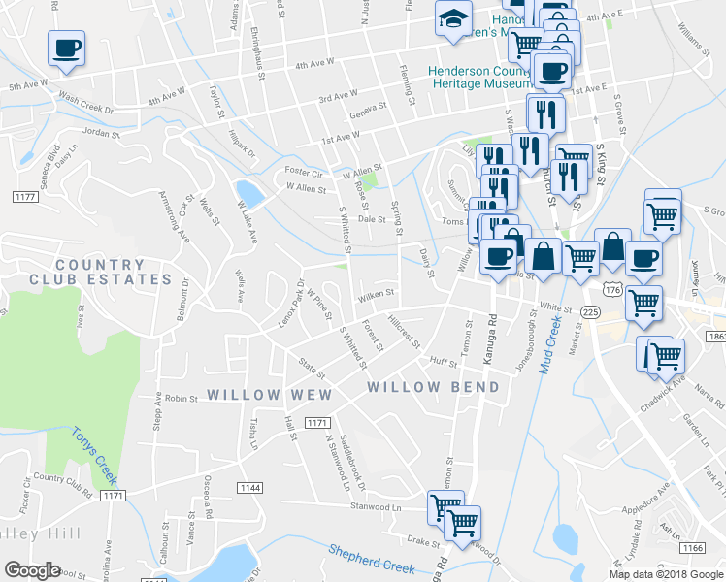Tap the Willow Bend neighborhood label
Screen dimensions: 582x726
(433, 387)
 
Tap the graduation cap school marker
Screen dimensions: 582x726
(451, 19)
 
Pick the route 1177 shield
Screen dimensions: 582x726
(25, 197)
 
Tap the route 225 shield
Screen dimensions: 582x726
(590, 309)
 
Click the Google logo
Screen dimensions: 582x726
(31, 570)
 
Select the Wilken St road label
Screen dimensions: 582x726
(376, 292)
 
